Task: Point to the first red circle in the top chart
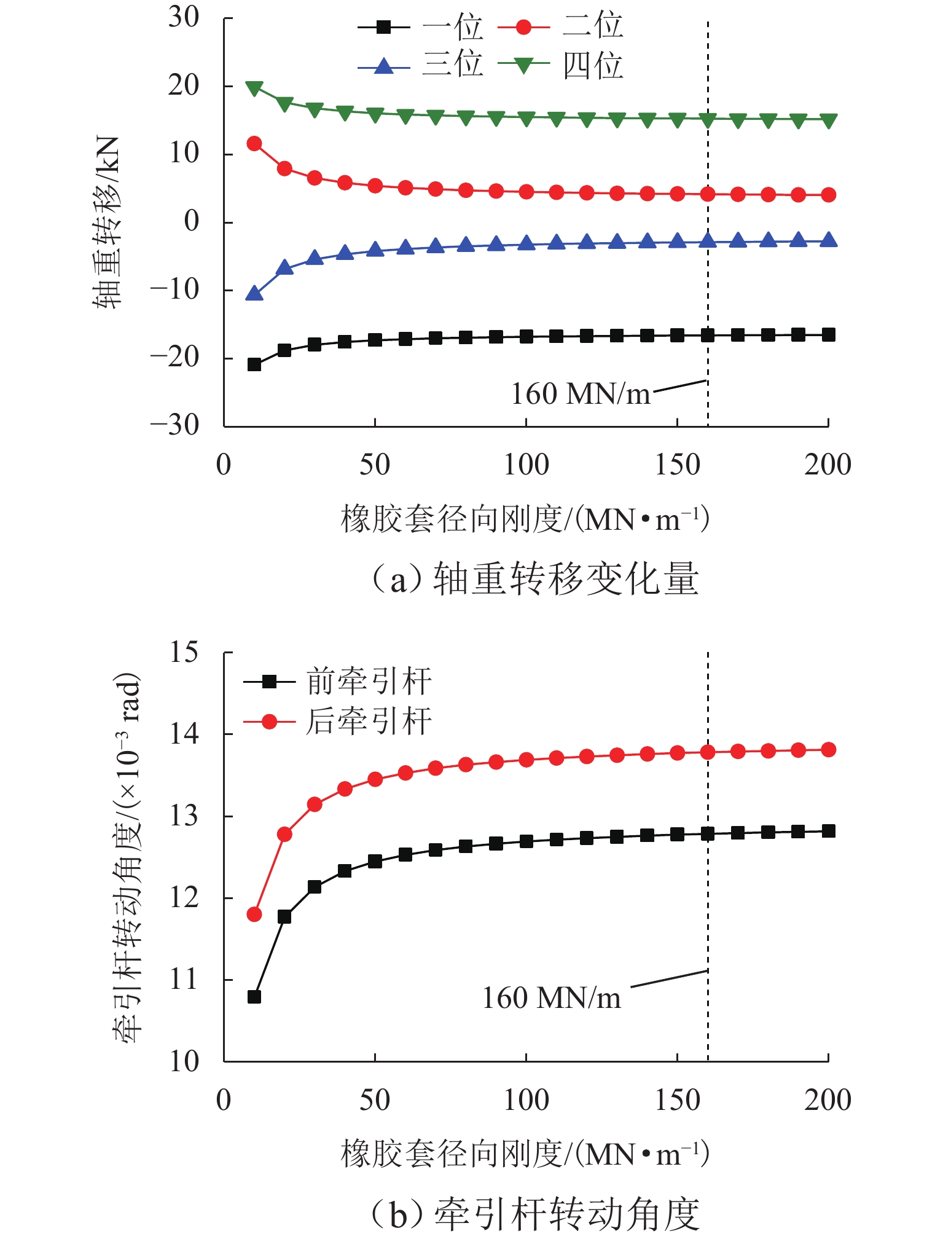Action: pyautogui.click(x=254, y=144)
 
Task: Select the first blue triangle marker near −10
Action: pyautogui.click(x=254, y=294)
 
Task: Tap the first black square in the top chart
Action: pyautogui.click(x=254, y=364)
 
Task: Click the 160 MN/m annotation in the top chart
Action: pyautogui.click(x=580, y=394)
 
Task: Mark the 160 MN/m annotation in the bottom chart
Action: pyautogui.click(x=551, y=998)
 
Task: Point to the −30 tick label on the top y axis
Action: pyautogui.click(x=175, y=425)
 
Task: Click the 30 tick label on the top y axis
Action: pyautogui.click(x=184, y=18)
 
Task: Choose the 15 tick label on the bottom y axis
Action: pyautogui.click(x=184, y=652)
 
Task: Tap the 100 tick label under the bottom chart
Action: pyautogui.click(x=526, y=1100)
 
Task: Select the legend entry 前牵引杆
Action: pyautogui.click(x=338, y=681)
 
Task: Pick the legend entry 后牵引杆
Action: pyautogui.click(x=338, y=721)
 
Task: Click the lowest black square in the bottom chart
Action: pyautogui.click(x=254, y=996)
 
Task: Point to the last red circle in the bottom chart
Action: pyautogui.click(x=828, y=749)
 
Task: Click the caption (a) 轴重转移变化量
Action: pyautogui.click(x=534, y=580)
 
